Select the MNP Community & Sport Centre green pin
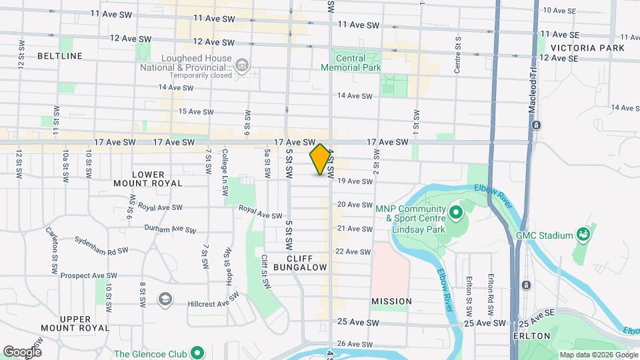click(x=457, y=213)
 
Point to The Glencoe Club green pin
click(x=197, y=353)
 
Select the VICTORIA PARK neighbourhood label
click(x=589, y=48)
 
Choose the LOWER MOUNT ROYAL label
click(x=148, y=179)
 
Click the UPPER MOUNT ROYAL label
click(x=75, y=323)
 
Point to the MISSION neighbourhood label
click(x=391, y=301)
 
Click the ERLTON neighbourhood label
click(x=533, y=335)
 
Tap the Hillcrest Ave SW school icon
click(x=163, y=299)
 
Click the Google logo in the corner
click(x=22, y=351)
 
